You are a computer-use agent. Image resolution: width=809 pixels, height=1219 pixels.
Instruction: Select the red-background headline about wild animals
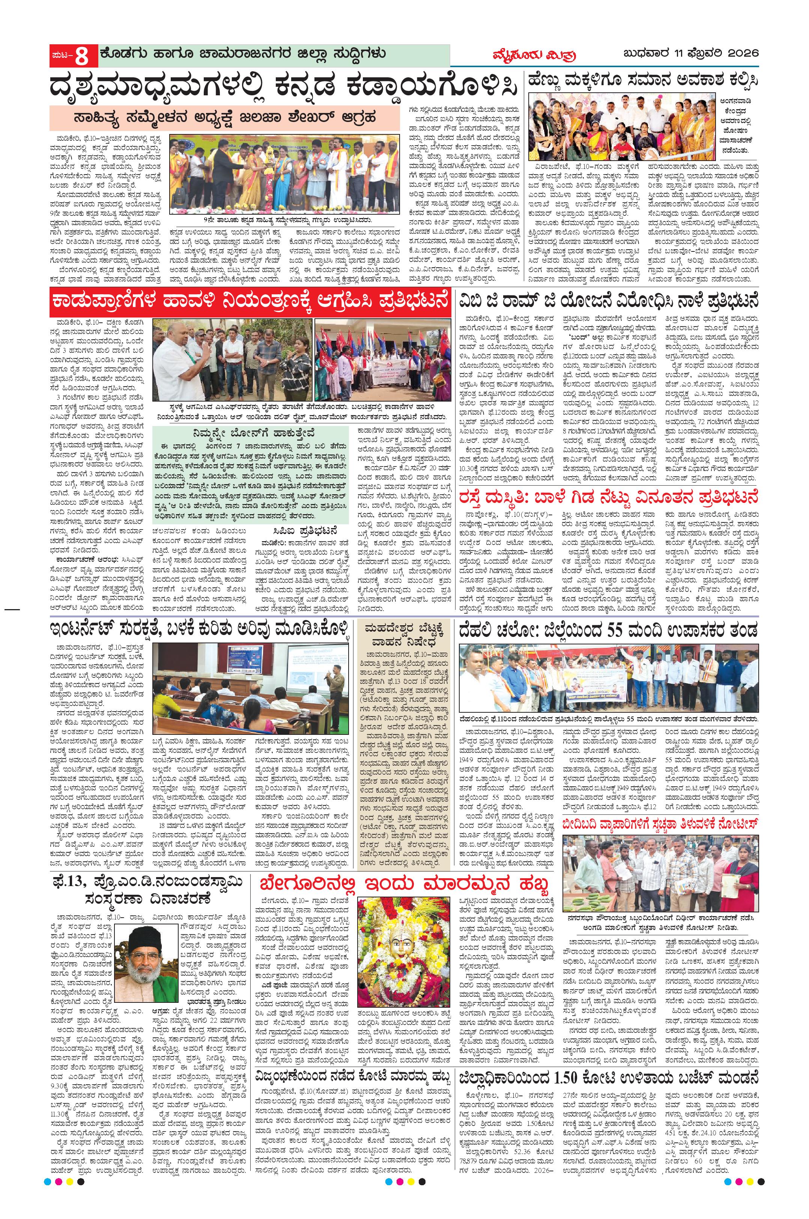pos(250,302)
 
